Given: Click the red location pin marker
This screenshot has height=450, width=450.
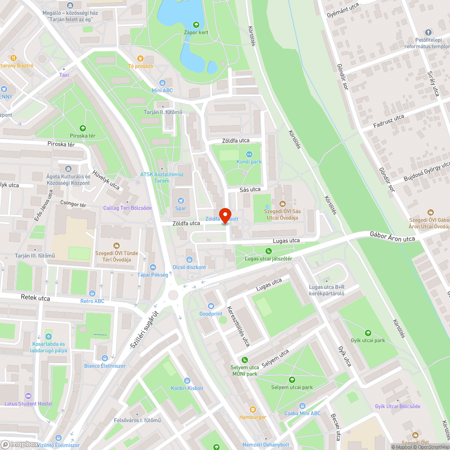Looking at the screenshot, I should [x=225, y=215].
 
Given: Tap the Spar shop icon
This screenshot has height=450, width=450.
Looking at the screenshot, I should [x=181, y=201].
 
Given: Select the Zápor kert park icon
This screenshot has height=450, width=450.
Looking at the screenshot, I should [x=196, y=25].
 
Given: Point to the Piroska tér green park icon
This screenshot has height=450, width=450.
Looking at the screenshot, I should [x=82, y=128].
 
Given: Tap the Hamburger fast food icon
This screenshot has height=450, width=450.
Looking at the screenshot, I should [x=252, y=409].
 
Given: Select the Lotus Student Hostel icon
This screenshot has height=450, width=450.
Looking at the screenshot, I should [x=28, y=396].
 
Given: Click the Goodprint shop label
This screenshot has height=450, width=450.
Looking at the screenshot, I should [x=211, y=313].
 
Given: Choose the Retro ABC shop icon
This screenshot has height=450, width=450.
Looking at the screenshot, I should [x=92, y=293].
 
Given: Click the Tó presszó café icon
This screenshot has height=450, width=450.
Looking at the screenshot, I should [x=140, y=58].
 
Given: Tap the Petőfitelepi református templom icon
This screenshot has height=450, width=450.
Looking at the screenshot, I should [x=428, y=32].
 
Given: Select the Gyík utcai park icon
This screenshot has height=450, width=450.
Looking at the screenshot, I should [x=368, y=333].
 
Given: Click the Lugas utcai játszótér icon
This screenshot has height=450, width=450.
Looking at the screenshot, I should [x=269, y=251].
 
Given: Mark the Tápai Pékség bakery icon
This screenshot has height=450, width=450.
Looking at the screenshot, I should [x=153, y=267].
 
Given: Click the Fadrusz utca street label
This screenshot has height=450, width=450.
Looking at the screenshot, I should [x=389, y=121].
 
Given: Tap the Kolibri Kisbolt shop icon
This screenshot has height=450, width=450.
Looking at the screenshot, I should [x=187, y=381].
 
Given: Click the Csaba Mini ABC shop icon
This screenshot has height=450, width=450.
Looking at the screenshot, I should [x=302, y=405].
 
